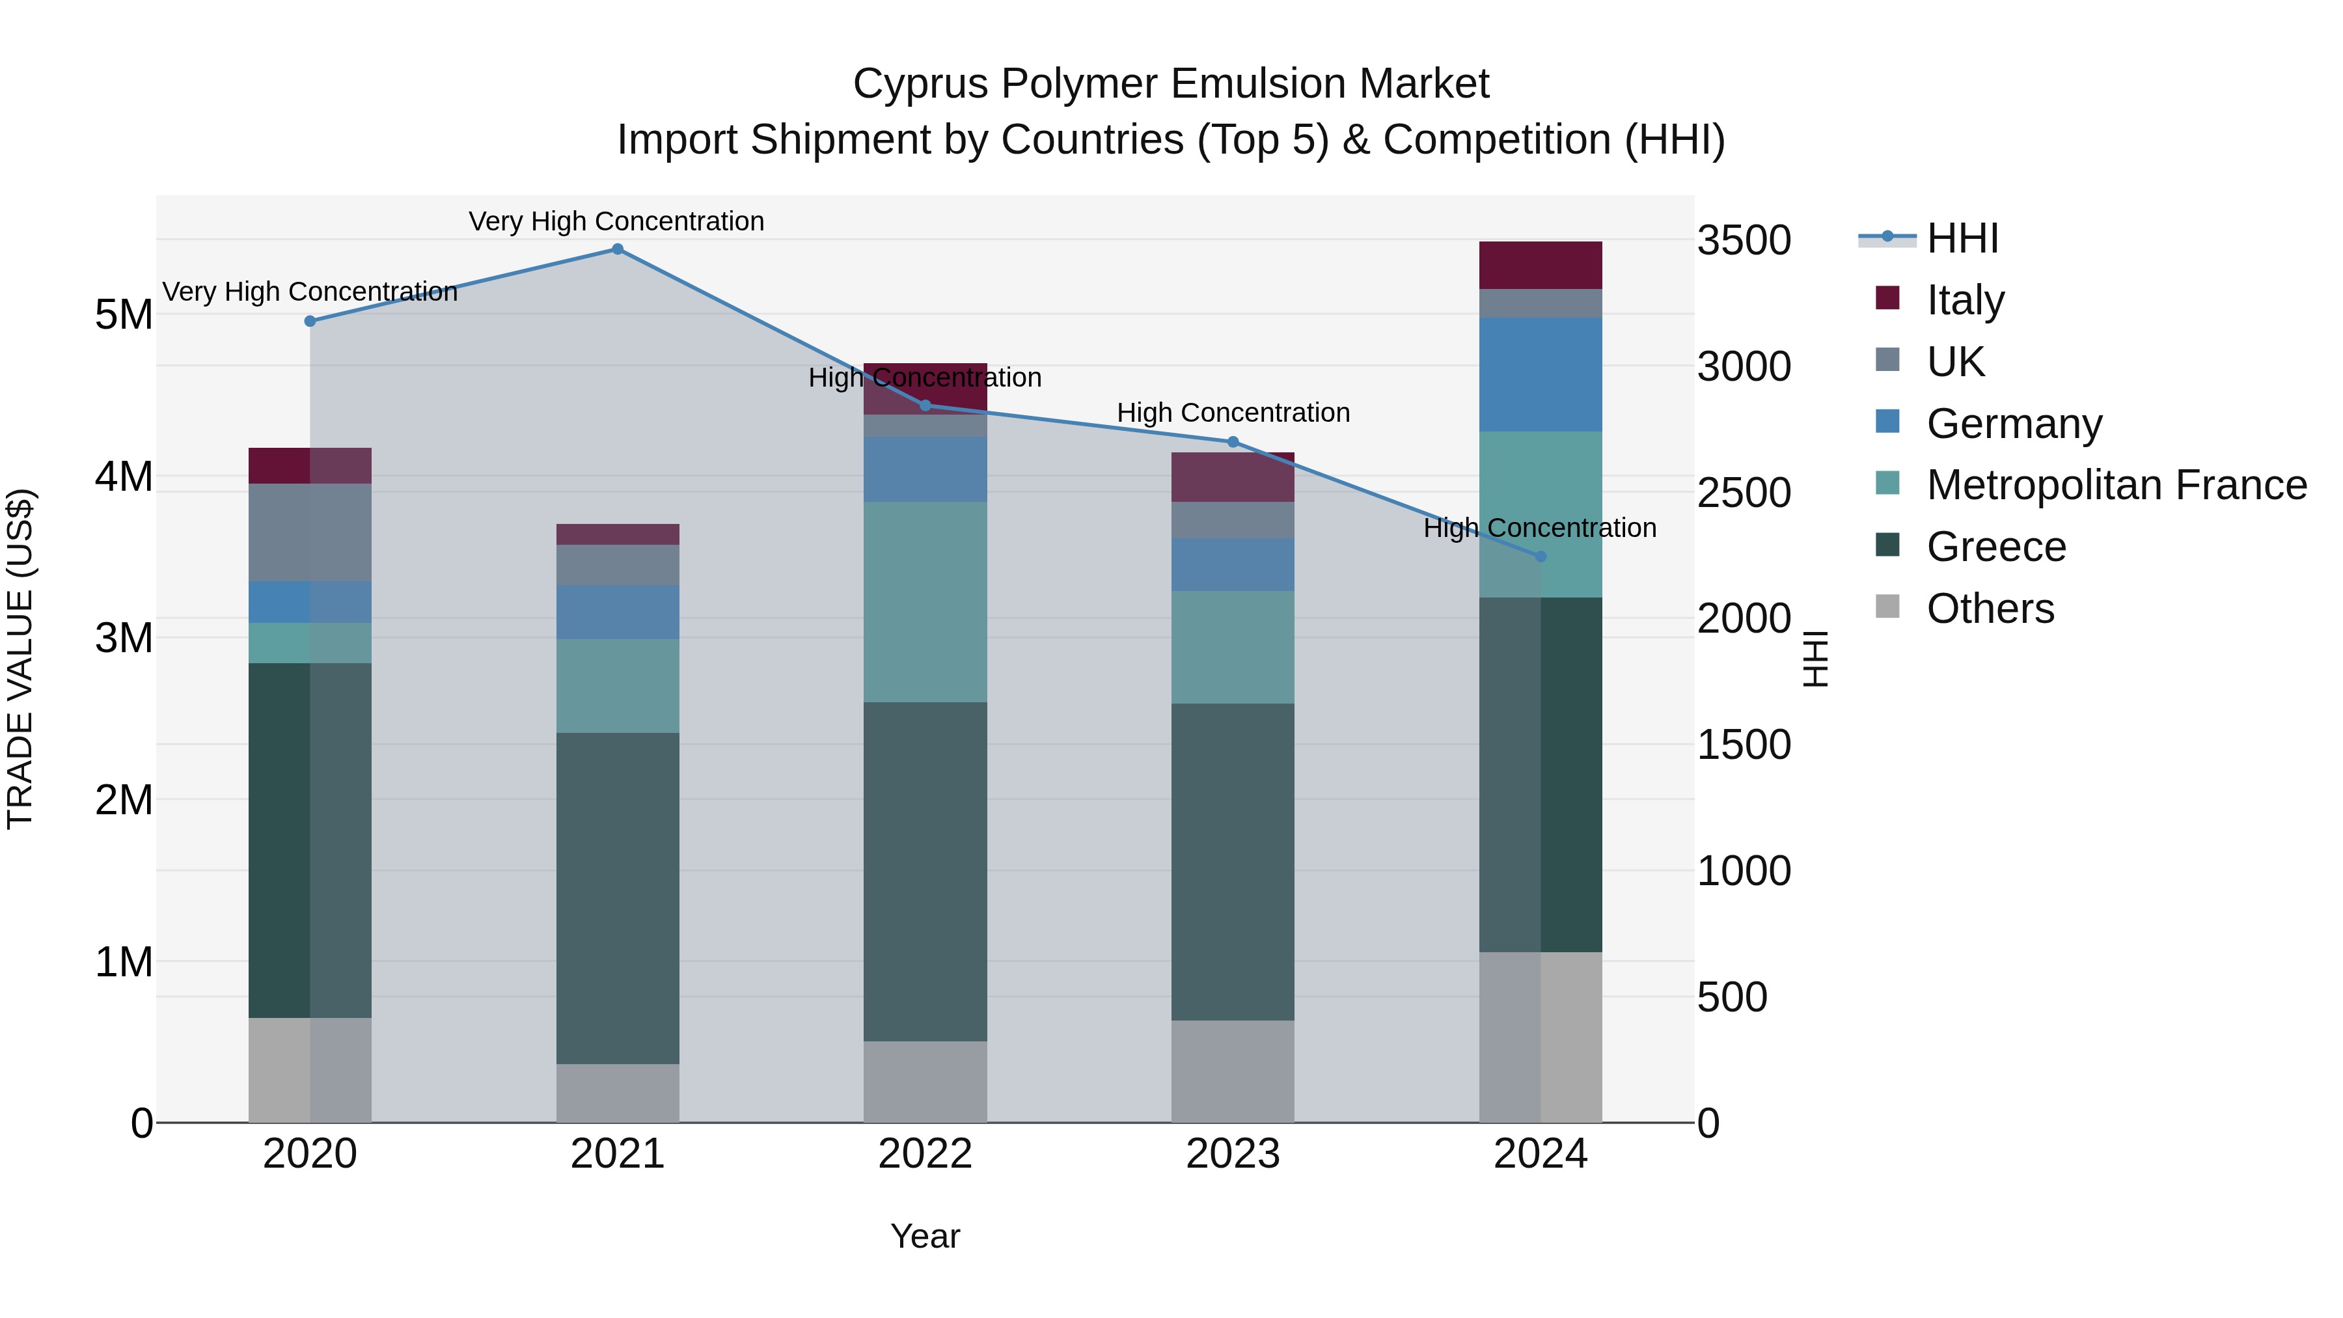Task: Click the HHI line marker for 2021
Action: (x=618, y=249)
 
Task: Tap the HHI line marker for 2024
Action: (x=1540, y=556)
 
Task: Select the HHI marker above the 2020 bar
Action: (x=310, y=321)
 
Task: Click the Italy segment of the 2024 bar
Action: (x=1540, y=266)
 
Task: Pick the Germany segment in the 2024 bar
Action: (x=1540, y=375)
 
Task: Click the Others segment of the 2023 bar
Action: (x=1233, y=1071)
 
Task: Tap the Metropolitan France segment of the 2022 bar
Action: (x=925, y=602)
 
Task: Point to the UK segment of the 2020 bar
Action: (x=310, y=532)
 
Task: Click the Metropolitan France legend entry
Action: (x=2116, y=485)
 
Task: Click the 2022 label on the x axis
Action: (x=925, y=1154)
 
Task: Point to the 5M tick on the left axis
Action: (x=124, y=315)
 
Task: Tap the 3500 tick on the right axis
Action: (x=1744, y=241)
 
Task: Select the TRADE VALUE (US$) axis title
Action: (x=20, y=659)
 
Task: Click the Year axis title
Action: (x=925, y=1236)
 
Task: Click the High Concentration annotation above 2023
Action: (x=1233, y=413)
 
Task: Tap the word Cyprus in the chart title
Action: (x=920, y=84)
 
